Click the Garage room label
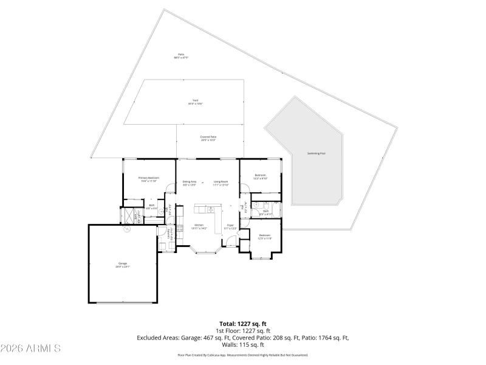click(123, 265)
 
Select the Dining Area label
click(190, 182)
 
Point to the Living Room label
click(221, 182)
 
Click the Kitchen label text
click(199, 226)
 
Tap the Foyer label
click(231, 226)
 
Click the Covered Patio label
click(208, 138)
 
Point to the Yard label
click(195, 102)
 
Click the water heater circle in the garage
click(127, 229)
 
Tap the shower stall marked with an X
click(129, 215)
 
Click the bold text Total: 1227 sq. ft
click(243, 324)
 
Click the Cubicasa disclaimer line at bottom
click(243, 355)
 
